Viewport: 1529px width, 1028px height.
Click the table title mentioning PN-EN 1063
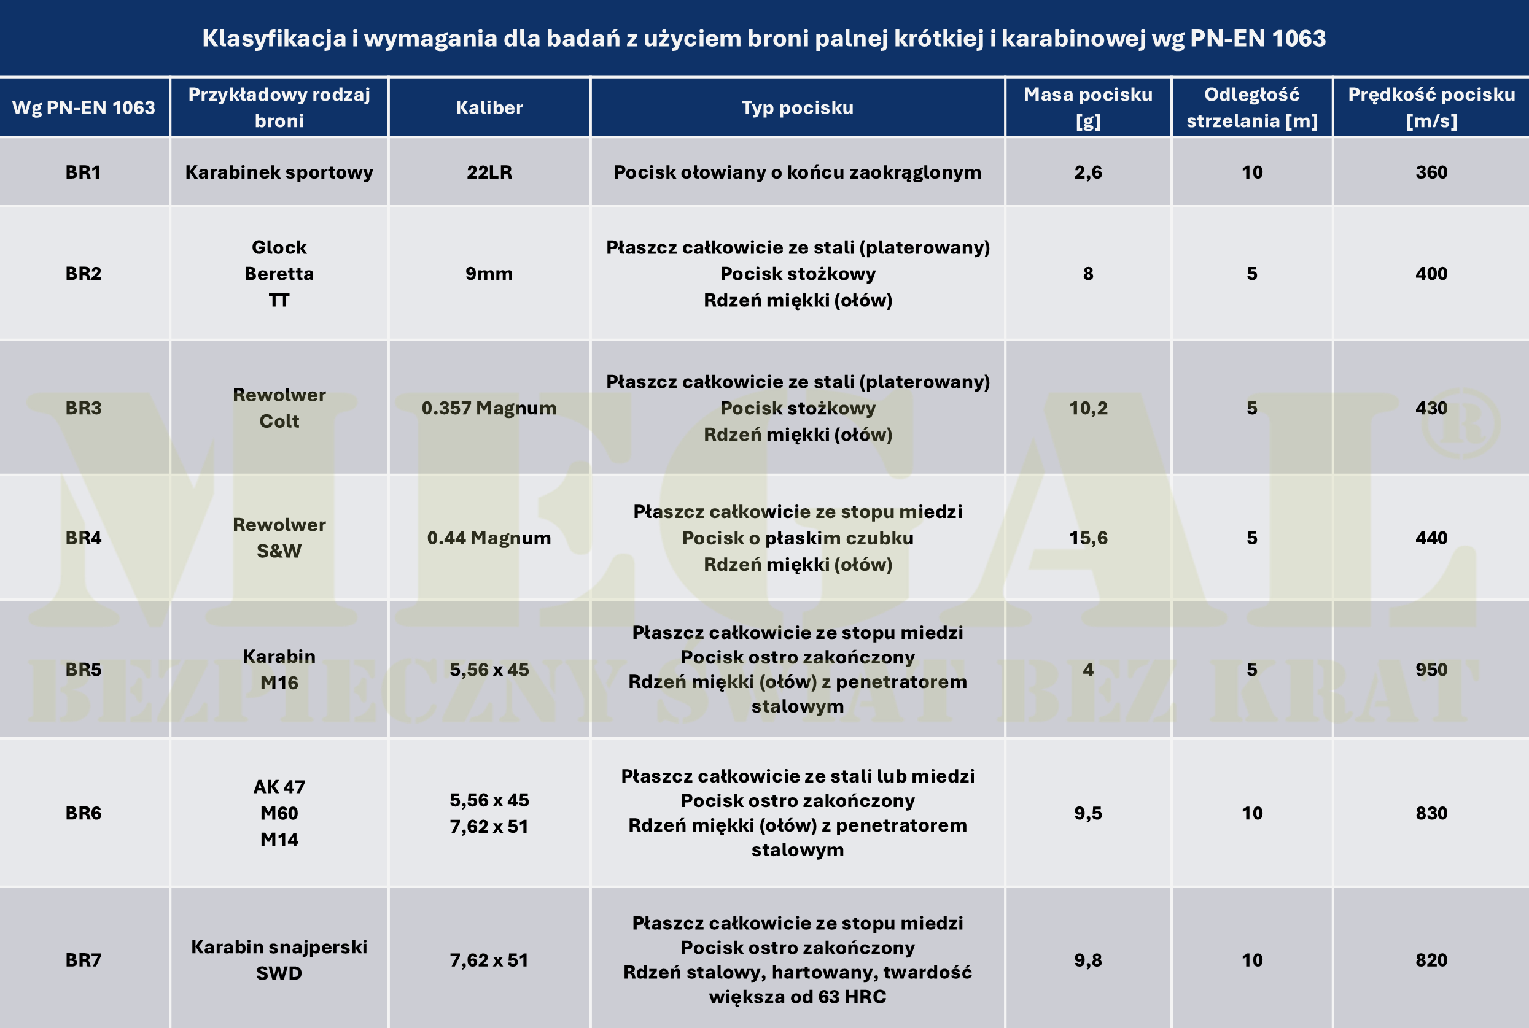point(763,38)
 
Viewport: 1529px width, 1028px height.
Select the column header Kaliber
point(489,107)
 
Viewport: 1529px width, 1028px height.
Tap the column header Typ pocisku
point(798,107)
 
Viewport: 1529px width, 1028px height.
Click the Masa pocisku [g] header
point(1087,107)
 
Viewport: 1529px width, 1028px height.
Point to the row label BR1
point(84,172)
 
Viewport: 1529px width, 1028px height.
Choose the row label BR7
point(84,960)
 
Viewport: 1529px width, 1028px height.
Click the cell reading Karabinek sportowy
point(279,172)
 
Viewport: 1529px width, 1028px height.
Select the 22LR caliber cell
point(489,172)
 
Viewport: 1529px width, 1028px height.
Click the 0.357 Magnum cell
point(489,408)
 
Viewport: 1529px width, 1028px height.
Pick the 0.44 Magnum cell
point(489,538)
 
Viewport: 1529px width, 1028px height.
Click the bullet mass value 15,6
point(1087,538)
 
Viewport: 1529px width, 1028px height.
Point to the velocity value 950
point(1431,670)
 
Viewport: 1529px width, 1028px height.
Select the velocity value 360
point(1431,172)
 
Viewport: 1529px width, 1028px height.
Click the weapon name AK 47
point(279,787)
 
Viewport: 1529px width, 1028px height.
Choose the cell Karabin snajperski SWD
point(279,960)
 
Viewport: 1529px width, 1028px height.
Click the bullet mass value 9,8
point(1087,960)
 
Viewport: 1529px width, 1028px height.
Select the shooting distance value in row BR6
point(1251,813)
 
